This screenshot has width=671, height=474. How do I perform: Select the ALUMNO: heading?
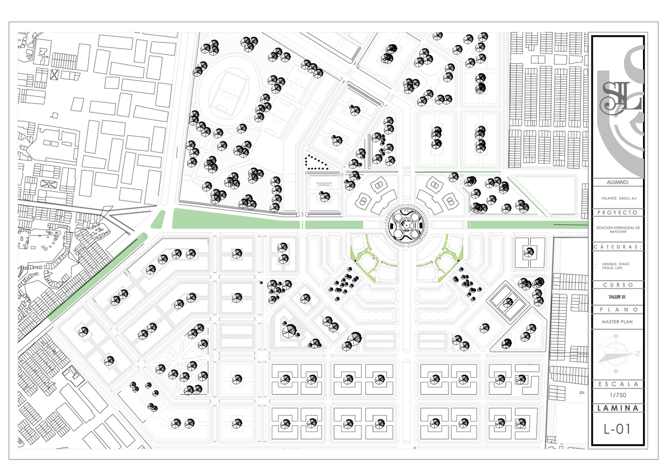pyautogui.click(x=617, y=182)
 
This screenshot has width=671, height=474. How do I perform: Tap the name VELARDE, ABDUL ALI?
pyautogui.click(x=617, y=198)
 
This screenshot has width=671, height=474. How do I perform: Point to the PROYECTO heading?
pyautogui.click(x=617, y=213)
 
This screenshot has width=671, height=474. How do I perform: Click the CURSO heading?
pyautogui.click(x=617, y=285)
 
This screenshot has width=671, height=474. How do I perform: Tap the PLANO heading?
pyautogui.click(x=617, y=310)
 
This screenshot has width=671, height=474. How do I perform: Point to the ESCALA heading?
pyautogui.click(x=617, y=384)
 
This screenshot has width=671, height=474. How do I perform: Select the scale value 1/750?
pyautogui.click(x=617, y=396)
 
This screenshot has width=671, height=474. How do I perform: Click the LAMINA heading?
pyautogui.click(x=617, y=408)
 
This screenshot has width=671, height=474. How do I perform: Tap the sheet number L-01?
pyautogui.click(x=617, y=429)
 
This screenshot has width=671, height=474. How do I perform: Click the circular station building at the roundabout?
pyautogui.click(x=406, y=224)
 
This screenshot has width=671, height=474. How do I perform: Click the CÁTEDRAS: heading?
pyautogui.click(x=617, y=247)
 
